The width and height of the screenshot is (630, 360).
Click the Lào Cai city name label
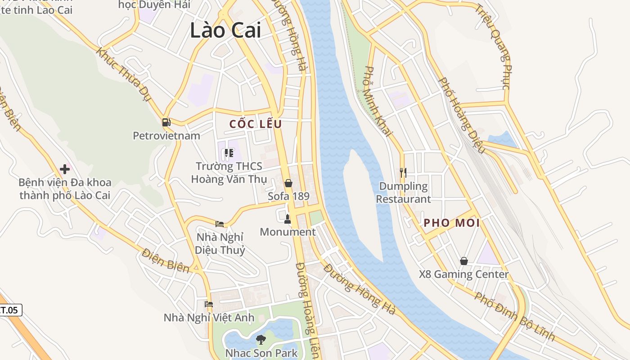[225, 31]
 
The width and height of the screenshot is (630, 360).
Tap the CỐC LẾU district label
[256, 124]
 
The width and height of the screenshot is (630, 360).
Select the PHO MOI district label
[451, 223]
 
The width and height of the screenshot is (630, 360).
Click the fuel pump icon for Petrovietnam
[166, 122]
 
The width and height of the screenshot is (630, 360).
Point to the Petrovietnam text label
[166, 135]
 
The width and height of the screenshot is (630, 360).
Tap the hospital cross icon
[65, 169]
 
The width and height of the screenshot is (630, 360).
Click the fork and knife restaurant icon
[403, 172]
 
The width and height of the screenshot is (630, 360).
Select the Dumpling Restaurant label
[404, 192]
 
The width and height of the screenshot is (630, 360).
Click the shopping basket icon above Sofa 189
[288, 183]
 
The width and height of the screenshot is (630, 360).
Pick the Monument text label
[288, 232]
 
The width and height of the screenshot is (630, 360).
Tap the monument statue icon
[288, 219]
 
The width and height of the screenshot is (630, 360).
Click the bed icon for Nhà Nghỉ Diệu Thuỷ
[220, 224]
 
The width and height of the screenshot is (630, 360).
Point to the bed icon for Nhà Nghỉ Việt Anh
[208, 304]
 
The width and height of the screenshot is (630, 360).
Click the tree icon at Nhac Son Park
[261, 339]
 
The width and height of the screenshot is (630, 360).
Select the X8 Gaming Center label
[464, 274]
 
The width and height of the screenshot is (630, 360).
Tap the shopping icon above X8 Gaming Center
[464, 261]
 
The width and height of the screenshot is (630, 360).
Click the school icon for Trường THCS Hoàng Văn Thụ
[229, 153]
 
